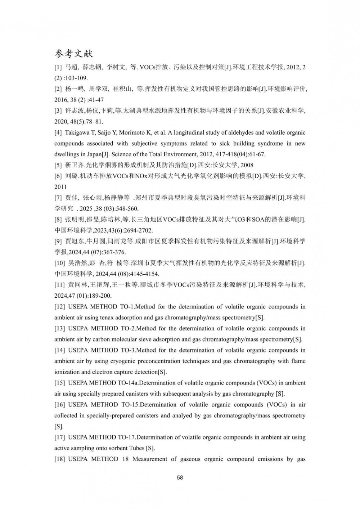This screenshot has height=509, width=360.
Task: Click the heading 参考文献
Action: [x=74, y=54]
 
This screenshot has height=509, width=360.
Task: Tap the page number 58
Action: [x=180, y=478]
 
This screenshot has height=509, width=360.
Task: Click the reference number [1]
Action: [x=58, y=67]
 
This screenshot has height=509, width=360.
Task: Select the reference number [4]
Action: [x=58, y=133]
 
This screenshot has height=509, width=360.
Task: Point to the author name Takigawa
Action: [x=77, y=133]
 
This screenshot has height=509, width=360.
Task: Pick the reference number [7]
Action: [x=58, y=198]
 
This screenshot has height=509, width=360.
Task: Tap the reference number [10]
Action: [x=59, y=263]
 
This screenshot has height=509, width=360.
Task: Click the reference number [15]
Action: [x=59, y=383]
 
